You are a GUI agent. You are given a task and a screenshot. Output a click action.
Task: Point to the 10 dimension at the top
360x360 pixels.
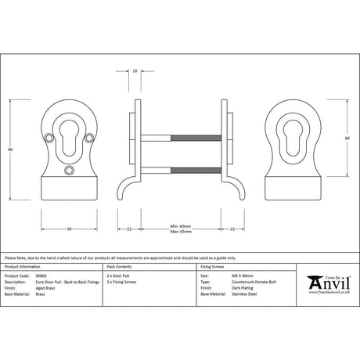click(x=135, y=70)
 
